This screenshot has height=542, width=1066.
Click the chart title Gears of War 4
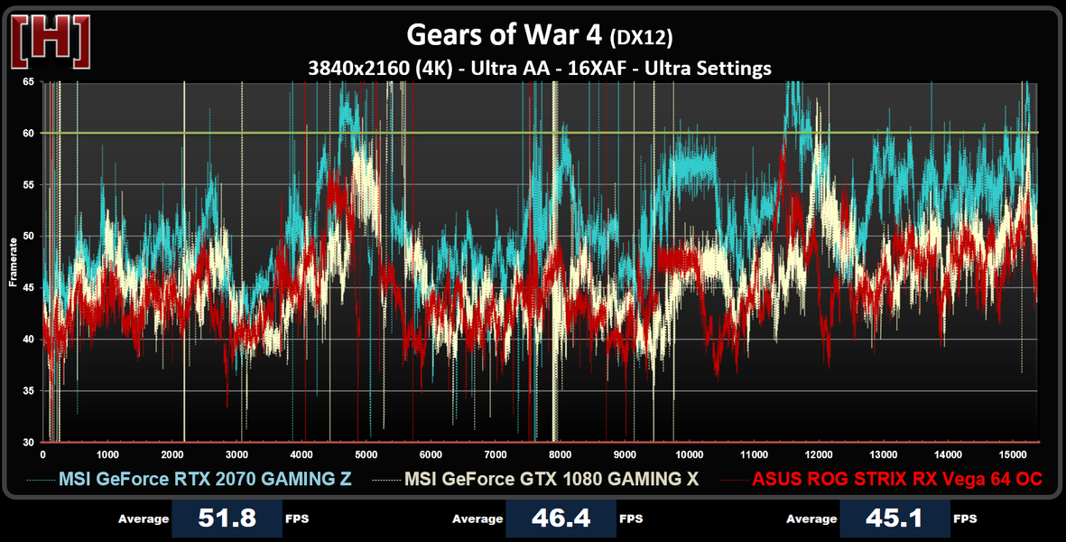coord(505,35)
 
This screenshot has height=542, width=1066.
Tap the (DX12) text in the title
coord(642,38)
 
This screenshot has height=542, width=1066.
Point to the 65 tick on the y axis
coord(28,82)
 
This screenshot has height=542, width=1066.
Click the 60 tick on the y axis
coord(28,134)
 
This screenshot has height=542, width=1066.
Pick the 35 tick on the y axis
coord(28,391)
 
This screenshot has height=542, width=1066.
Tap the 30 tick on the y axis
coord(28,443)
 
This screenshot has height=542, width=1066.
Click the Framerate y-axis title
coord(14,262)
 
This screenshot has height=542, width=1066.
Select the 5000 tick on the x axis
coord(366,454)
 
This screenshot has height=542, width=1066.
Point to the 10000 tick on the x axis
coord(691,454)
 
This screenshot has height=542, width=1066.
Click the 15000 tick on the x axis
coord(1014,454)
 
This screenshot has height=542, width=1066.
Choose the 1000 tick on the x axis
coord(107,454)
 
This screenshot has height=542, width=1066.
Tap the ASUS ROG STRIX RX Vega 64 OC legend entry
coord(897,479)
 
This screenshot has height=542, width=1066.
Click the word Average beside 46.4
coord(477,519)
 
